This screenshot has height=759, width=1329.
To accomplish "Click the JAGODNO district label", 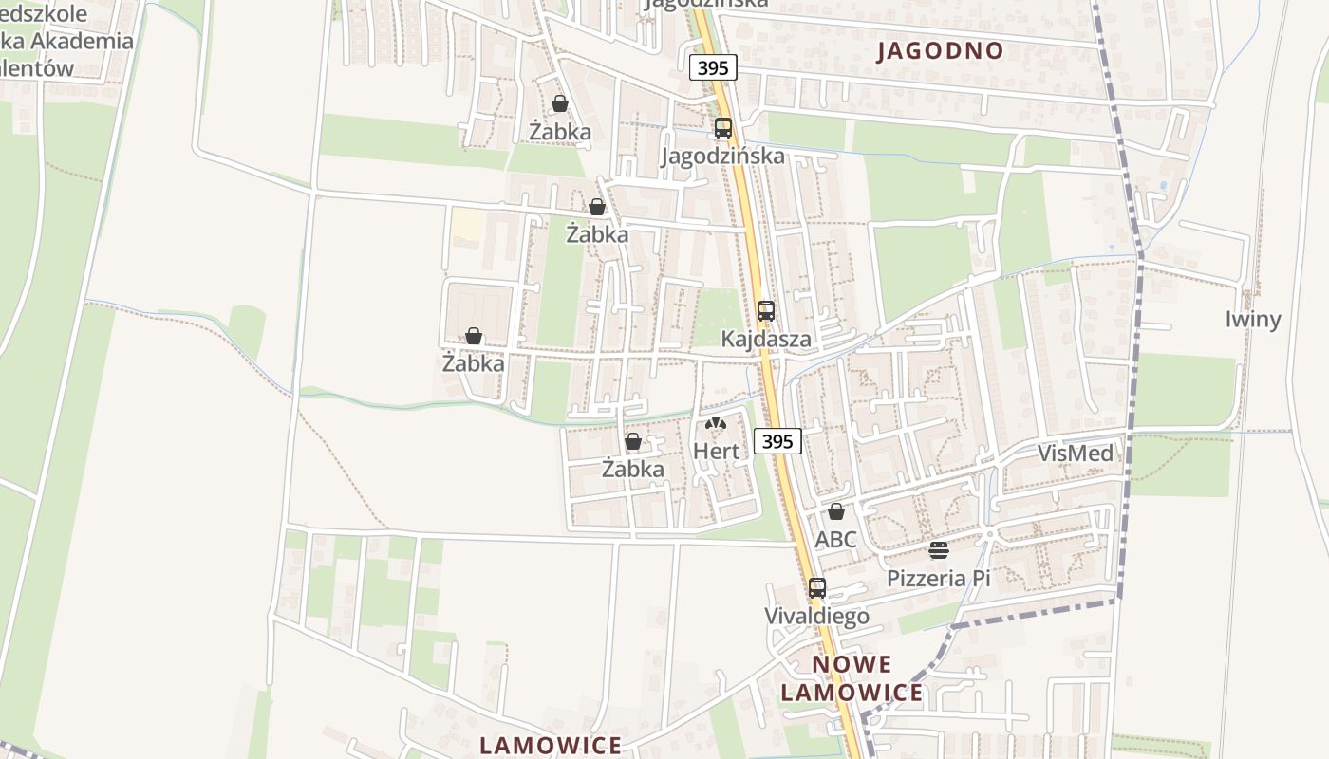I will coord(940,50).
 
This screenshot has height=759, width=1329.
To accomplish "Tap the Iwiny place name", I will coord(1253,319).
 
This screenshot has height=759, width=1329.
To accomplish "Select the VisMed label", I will coord(1075,453).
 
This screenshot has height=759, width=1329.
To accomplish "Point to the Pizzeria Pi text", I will coord(938,578).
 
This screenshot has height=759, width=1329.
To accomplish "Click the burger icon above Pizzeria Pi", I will coord(939,550).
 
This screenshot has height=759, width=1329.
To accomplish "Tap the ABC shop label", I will coord(835,539).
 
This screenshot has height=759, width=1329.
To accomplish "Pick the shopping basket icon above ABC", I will coord(836,511).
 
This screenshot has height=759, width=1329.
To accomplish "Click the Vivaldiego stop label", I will coord(816,616).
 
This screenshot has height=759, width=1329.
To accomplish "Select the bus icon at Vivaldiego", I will coord(817,587).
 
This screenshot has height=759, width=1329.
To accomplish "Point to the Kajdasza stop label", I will coord(766,339).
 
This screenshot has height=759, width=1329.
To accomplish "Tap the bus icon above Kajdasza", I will coord(766,310).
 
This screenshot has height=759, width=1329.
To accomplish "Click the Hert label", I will coord(716,451).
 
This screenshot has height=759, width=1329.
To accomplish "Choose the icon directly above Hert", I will coord(716,423).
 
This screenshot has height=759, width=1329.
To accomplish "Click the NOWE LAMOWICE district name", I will coord(852,677).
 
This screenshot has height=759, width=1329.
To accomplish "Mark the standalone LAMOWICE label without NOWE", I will coord(551,745).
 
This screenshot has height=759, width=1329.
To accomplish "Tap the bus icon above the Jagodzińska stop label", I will coord(723,127).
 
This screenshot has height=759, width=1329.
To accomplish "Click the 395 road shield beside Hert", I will coord(777,440).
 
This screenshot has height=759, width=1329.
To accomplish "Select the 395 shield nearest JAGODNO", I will coord(713,67).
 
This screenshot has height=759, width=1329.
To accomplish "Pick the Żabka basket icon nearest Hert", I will coord(633,441).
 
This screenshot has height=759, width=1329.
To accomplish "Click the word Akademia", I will coord(82,41).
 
